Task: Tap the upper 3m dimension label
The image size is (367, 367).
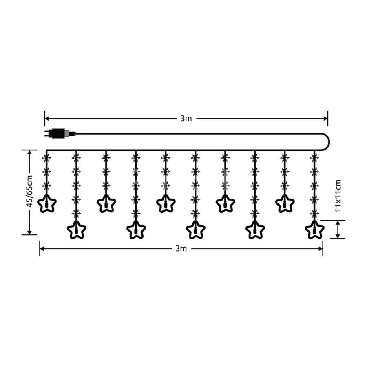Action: click(x=186, y=119)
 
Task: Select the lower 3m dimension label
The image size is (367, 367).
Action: click(x=181, y=249)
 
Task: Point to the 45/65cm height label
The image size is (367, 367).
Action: click(x=29, y=191)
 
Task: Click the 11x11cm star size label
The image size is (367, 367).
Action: click(x=338, y=196)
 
